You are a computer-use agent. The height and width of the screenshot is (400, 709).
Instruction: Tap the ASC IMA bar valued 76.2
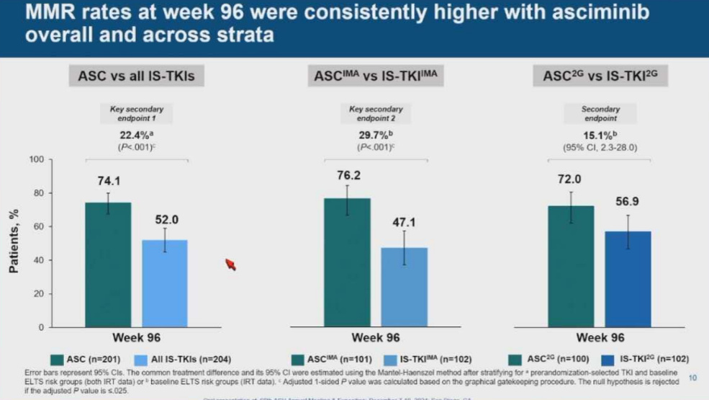347,262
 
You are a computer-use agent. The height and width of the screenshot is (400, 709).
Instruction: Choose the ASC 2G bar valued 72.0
571,266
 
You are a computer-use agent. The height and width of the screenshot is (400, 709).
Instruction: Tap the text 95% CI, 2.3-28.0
600,147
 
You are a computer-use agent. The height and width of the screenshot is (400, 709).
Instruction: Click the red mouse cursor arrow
231,265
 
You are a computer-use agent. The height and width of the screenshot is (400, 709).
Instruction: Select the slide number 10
692,377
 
